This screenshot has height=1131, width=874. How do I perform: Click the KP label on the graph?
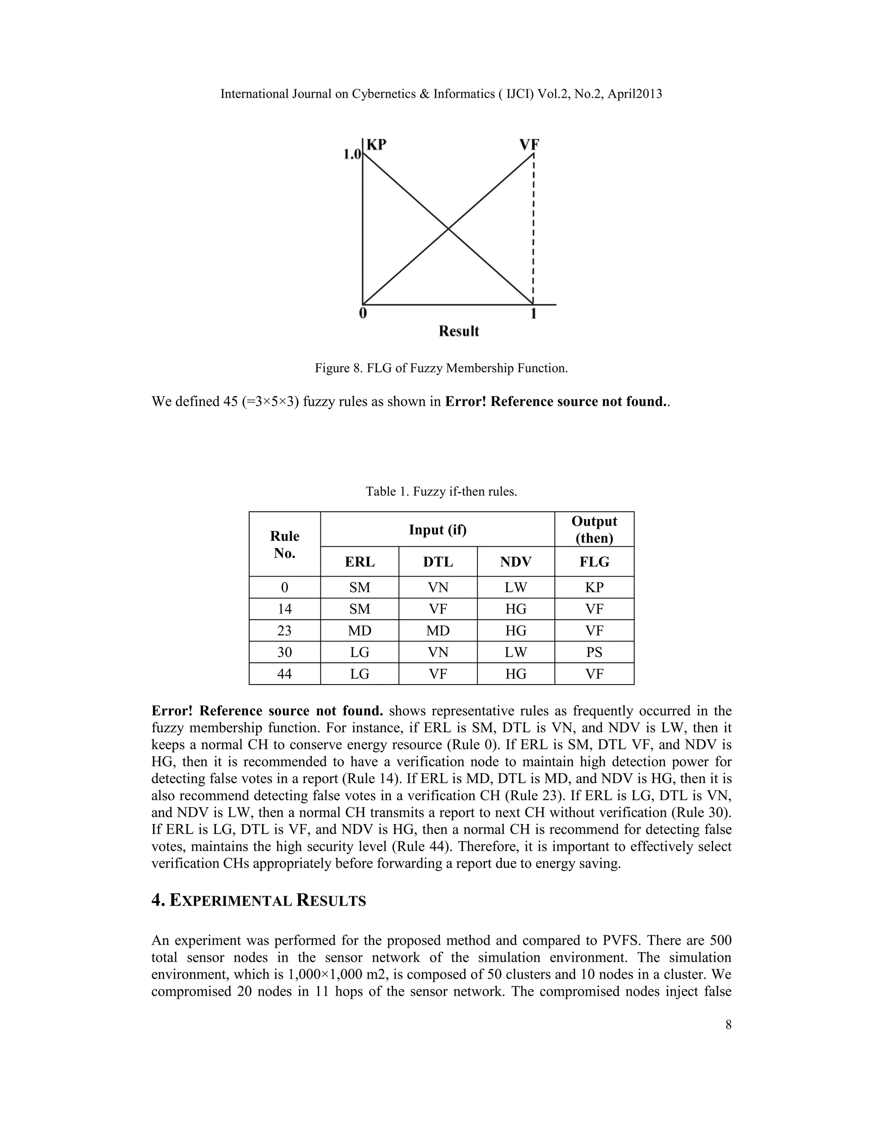376,145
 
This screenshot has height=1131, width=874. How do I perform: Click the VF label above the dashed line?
530,145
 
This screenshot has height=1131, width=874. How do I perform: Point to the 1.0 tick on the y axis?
352,154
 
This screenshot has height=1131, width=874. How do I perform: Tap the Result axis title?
459,332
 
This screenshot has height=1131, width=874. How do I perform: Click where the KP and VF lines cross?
448,228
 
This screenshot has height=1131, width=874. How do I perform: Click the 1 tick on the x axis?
533,314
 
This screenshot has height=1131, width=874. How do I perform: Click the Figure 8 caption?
441,368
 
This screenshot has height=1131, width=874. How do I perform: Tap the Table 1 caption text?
441,491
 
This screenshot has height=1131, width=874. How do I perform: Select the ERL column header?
359,562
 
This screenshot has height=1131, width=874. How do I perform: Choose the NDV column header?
516,562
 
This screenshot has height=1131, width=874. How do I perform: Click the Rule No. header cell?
284,544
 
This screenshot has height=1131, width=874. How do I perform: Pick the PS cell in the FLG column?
594,653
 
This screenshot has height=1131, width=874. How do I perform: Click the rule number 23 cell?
284,631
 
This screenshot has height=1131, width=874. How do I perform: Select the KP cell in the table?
594,587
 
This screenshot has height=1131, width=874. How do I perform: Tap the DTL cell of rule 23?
437,631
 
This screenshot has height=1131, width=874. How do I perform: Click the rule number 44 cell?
284,674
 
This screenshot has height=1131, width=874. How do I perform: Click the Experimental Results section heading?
258,901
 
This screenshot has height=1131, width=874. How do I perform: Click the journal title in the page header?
441,94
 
